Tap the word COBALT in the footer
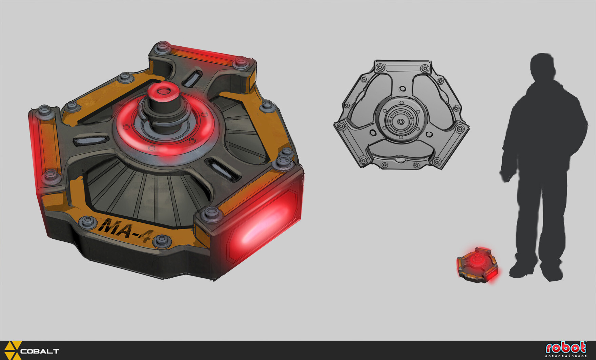point(40,351)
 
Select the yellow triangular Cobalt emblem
point(12,350)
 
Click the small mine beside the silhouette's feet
point(478,265)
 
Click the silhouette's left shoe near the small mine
point(521,270)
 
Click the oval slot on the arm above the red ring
point(192,78)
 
